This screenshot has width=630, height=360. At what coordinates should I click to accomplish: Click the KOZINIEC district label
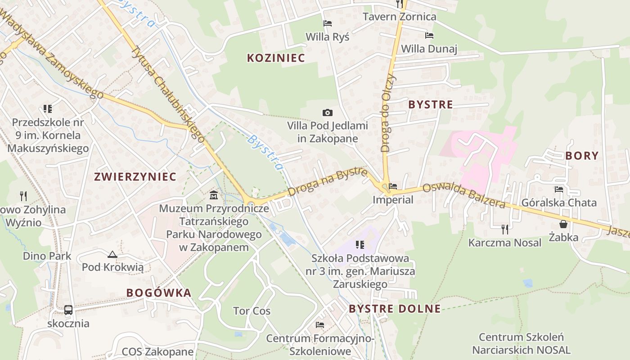(x=276, y=58)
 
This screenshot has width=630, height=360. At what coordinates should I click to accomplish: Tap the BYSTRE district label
(x=430, y=104)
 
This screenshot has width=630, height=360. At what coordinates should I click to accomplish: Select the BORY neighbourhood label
(x=582, y=156)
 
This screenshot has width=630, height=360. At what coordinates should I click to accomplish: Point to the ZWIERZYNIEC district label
(x=135, y=176)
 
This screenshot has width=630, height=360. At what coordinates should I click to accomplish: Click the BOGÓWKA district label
(x=159, y=293)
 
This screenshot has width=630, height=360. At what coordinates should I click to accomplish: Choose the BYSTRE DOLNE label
(x=395, y=309)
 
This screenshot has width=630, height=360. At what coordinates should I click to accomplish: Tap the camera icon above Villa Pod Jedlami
(x=328, y=112)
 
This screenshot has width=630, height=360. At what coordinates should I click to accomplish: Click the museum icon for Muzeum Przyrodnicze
(x=214, y=195)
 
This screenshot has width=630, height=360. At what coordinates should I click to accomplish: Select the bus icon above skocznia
(x=68, y=310)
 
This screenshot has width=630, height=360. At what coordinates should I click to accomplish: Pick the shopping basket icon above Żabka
(x=563, y=224)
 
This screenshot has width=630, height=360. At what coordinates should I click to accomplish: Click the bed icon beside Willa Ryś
(x=328, y=23)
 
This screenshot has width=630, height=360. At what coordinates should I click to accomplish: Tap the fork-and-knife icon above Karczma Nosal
(x=505, y=229)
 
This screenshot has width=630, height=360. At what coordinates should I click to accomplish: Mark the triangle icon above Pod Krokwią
(x=112, y=254)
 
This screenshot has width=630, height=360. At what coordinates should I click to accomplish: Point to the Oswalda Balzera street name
(x=464, y=196)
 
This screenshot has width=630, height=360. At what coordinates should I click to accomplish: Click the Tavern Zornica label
(x=400, y=17)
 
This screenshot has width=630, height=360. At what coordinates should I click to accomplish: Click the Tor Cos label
(x=252, y=311)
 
